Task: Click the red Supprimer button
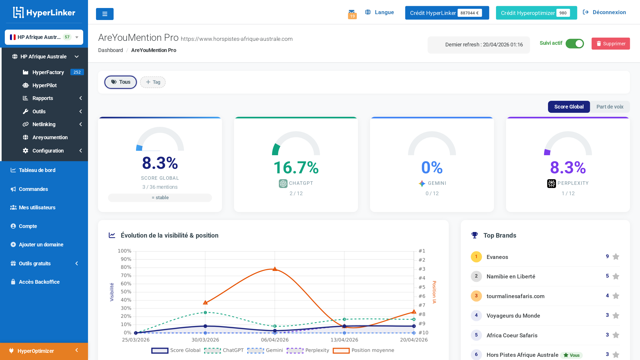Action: [x=610, y=43]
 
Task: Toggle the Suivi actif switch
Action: [x=574, y=43]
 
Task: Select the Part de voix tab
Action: [x=610, y=107]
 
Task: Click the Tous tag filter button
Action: [x=121, y=82]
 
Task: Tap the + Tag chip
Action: [x=153, y=82]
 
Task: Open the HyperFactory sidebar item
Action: [x=48, y=72]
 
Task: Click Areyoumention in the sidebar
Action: [x=50, y=137]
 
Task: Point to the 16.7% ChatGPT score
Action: [x=296, y=168]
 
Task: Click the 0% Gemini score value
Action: [x=432, y=168]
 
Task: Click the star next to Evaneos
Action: [x=616, y=257]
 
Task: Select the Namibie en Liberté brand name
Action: [x=511, y=276]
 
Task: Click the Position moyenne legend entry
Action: [x=372, y=350]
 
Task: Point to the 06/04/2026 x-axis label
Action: [x=275, y=340]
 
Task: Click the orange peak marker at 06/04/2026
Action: [x=275, y=269]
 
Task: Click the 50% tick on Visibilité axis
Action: [x=126, y=291]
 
